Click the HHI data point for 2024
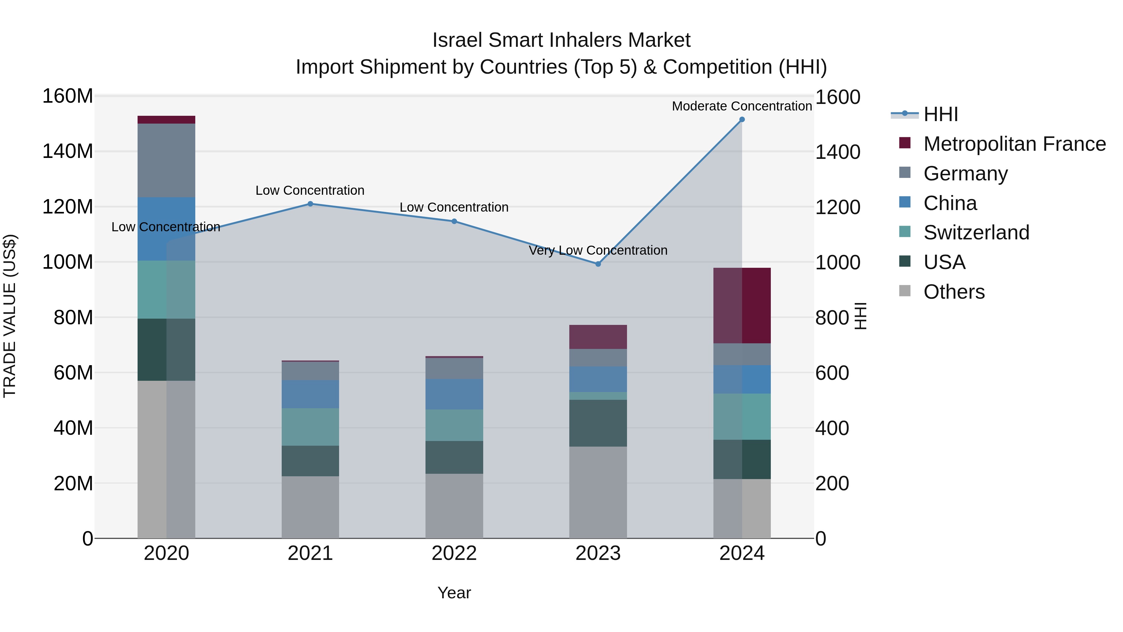click(x=742, y=120)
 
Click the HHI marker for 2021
click(x=310, y=204)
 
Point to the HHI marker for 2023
click(x=598, y=264)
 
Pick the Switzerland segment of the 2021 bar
click(x=310, y=427)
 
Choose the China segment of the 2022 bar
click(x=454, y=394)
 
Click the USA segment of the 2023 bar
click(x=598, y=423)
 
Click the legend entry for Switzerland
click(x=976, y=233)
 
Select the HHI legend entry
click(x=940, y=114)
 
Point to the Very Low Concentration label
click(x=598, y=250)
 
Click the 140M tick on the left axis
click(x=68, y=151)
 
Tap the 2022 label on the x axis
click(x=454, y=553)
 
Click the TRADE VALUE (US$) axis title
click(x=10, y=316)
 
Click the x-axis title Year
click(x=454, y=593)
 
